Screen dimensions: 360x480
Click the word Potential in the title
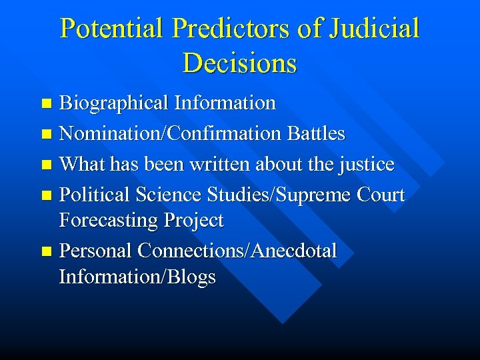111,29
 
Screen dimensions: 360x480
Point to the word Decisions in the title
239,63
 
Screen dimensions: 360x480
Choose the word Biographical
114,103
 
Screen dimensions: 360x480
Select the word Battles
317,134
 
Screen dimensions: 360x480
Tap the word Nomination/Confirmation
171,134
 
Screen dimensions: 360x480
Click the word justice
367,165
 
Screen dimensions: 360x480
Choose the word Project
194,221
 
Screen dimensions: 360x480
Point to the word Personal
96,251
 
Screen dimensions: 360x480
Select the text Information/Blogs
137,277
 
